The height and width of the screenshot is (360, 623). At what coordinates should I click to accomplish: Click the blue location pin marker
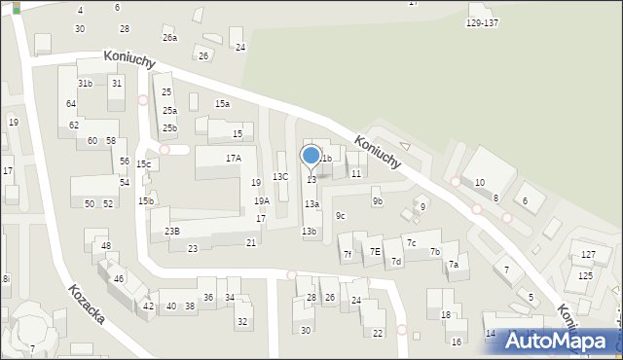311,157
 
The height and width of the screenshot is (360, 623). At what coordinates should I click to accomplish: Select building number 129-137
482,22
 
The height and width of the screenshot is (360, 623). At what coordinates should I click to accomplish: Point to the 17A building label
233,158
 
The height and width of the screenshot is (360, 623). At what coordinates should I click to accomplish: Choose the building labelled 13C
280,176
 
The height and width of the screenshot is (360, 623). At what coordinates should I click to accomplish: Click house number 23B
171,231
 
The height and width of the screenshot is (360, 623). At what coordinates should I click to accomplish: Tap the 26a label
169,38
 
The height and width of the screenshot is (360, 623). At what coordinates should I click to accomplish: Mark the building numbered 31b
86,84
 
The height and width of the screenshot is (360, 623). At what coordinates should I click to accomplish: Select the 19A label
262,200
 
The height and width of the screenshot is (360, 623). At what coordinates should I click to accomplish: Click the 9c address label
340,215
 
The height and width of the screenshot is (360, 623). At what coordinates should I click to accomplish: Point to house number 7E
375,252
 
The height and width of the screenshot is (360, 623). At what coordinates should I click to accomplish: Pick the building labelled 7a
453,265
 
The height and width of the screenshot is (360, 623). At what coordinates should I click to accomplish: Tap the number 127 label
588,254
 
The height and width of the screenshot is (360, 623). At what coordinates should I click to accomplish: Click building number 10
479,183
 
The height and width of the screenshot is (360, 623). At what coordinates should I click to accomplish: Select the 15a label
222,103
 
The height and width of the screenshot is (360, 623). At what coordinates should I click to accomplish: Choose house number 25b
169,128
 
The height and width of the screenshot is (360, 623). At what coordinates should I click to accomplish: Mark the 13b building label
309,231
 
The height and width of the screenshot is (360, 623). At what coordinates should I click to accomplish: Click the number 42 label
148,306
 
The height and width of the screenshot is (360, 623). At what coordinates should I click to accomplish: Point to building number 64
71,103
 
